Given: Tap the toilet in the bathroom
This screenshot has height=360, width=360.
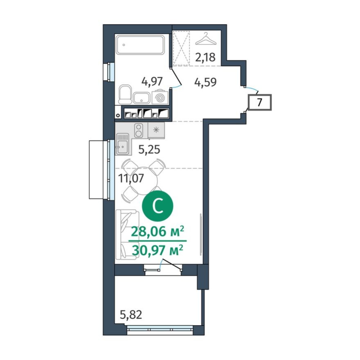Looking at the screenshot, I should [124, 95].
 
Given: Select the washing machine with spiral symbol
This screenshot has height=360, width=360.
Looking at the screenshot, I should [160, 98].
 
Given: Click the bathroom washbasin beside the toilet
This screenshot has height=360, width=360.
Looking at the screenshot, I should [142, 98].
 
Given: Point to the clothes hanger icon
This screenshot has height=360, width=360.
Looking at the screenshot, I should [205, 40].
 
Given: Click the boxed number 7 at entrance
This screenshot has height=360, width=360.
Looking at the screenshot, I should [259, 102].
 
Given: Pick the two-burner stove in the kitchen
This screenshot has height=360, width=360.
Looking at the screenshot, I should [139, 130].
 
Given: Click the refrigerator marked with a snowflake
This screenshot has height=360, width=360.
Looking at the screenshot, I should [156, 130].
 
